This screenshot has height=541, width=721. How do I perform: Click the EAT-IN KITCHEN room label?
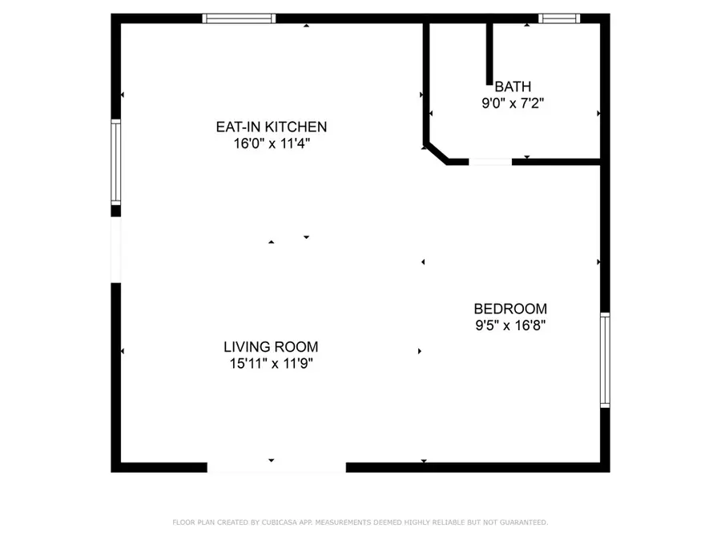(x=271, y=127)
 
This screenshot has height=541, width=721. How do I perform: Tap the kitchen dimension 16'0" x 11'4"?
(x=271, y=143)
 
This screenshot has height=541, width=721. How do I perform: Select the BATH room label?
(x=513, y=87)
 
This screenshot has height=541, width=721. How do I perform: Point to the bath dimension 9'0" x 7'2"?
(x=513, y=103)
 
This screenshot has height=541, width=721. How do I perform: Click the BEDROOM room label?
(x=510, y=309)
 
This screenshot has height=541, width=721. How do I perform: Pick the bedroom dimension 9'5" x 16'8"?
(x=510, y=325)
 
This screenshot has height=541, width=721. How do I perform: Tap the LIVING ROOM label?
(x=271, y=347)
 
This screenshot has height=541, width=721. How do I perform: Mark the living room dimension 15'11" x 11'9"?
(x=271, y=363)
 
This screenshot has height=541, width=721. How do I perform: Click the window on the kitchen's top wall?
(x=239, y=18)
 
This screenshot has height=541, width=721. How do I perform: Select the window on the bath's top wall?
(x=558, y=18)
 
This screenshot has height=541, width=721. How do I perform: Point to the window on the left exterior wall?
(x=115, y=162)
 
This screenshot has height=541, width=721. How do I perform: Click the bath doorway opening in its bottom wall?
(x=490, y=162)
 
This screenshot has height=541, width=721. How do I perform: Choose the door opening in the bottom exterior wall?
(x=276, y=467)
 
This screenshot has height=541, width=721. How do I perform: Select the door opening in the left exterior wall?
(x=115, y=249)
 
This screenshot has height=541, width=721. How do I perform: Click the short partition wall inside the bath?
(x=489, y=52)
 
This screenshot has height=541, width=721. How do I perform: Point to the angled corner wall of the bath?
(x=437, y=153)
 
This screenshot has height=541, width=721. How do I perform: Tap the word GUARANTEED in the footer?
(x=522, y=523)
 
